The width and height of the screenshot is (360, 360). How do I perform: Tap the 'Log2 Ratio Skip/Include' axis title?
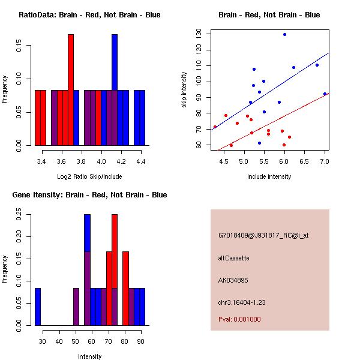click(89, 176)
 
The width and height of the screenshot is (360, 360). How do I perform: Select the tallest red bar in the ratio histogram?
click(71, 90)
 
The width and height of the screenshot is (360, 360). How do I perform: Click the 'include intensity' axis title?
click(269, 176)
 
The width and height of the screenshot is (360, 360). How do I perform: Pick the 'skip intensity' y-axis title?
click(184, 90)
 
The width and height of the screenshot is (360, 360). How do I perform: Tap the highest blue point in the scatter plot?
click(284, 35)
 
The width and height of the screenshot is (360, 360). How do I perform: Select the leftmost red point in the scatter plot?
click(215, 127)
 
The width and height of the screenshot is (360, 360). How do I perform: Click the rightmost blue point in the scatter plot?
click(325, 94)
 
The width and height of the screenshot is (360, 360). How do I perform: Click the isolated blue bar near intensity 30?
click(38, 307)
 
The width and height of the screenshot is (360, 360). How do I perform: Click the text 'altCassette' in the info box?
click(234, 258)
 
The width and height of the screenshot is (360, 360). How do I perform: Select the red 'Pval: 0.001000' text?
click(240, 319)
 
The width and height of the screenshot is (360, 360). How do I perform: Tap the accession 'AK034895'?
click(234, 280)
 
